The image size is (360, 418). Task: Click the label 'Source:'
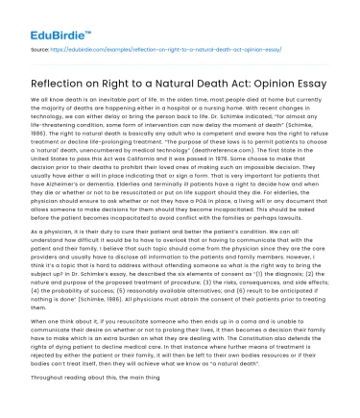(x=39, y=46)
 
